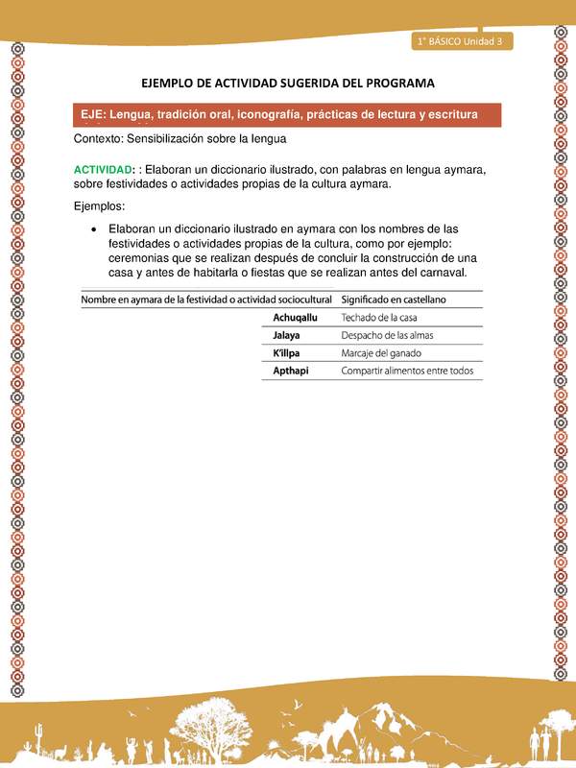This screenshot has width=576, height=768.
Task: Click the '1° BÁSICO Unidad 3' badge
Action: (x=463, y=40)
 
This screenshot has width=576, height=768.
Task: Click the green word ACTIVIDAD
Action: (x=105, y=170)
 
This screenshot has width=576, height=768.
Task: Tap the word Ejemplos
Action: (x=101, y=206)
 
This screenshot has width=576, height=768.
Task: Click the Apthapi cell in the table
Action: (x=291, y=371)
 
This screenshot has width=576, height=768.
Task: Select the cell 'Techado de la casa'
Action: (x=379, y=317)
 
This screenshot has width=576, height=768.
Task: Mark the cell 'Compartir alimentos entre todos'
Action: (x=408, y=371)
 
